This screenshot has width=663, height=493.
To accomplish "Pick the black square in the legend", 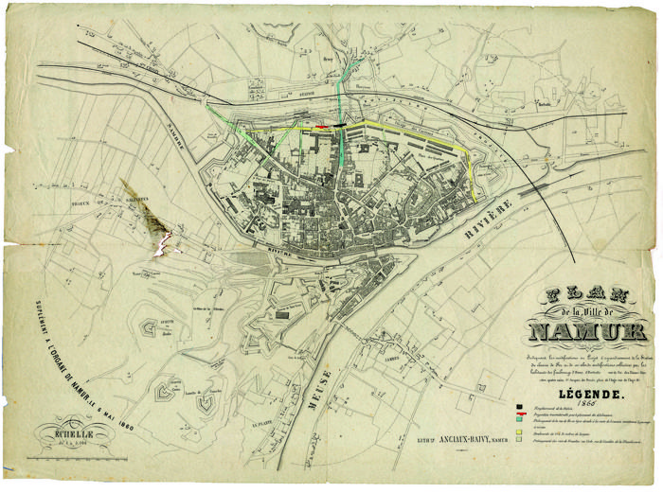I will (x=520, y=407).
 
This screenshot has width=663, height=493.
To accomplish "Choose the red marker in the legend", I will (x=520, y=415).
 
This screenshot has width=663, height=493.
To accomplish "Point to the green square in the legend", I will (x=520, y=424).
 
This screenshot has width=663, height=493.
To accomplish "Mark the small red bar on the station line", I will (x=323, y=126).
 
